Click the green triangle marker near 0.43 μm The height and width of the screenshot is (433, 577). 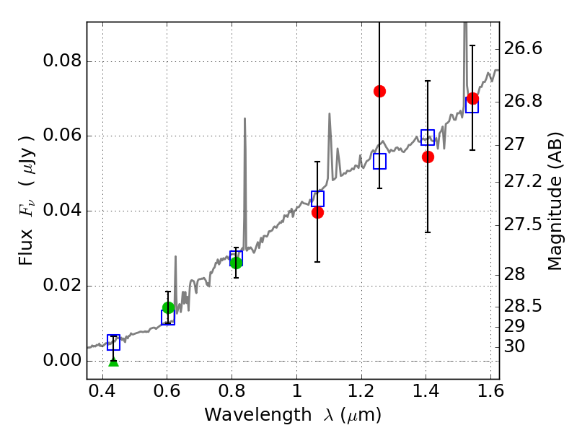point(113,360)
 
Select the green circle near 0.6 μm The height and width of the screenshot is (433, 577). point(169,308)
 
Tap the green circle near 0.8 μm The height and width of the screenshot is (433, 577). point(236,263)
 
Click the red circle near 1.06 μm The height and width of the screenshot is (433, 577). point(317,212)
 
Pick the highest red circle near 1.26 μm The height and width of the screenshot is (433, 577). point(379,91)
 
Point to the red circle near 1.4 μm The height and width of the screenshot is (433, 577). point(428,157)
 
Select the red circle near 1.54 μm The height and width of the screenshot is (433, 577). point(472,99)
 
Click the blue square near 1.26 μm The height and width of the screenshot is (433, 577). point(380,162)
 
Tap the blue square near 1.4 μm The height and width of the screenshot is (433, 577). point(428,138)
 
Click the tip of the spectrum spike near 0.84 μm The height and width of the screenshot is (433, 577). point(245,118)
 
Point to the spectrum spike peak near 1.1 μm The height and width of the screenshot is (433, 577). point(330,113)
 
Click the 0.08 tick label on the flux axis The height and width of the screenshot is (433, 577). point(63,61)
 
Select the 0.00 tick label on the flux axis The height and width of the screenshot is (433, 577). point(63,360)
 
